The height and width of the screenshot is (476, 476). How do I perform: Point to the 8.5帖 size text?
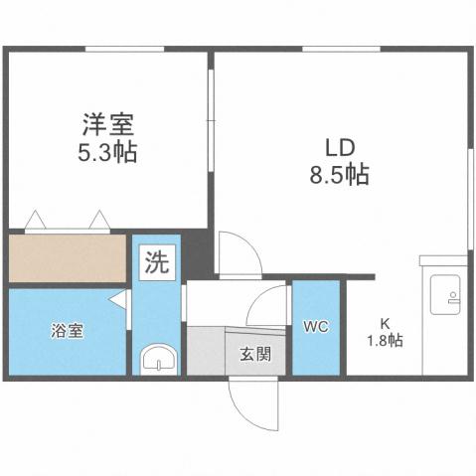(338, 175)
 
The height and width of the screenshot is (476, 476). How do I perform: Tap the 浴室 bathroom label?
(68, 331)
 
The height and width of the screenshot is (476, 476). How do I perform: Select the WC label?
(316, 326)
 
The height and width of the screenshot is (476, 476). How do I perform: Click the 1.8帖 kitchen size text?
(384, 340)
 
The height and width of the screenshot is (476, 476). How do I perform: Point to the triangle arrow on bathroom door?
(118, 299)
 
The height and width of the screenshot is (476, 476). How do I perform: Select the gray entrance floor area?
(207, 351)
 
